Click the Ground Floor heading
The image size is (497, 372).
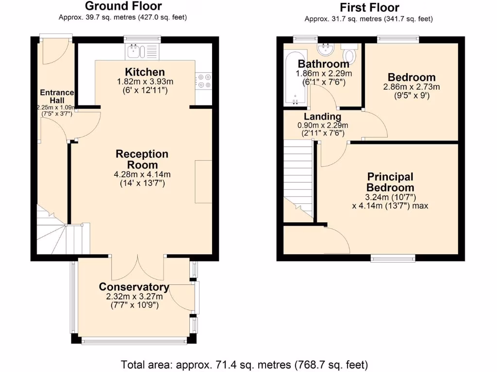pos(123,6)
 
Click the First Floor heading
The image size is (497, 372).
pos(369,8)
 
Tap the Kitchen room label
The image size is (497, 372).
pos(145,72)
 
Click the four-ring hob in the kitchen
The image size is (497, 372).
pos(203,80)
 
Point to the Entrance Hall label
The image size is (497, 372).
pos(56,96)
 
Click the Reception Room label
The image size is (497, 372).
pos(142,159)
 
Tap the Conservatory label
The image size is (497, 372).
pos(133,287)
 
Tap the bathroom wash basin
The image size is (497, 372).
pos(326,48)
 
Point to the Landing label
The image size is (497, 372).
pos(322,117)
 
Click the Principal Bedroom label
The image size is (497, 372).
pos(390,182)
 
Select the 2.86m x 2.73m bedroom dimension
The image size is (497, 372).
pos(411,87)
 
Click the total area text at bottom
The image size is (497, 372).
pos(244,364)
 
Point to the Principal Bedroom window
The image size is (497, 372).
pos(393,258)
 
